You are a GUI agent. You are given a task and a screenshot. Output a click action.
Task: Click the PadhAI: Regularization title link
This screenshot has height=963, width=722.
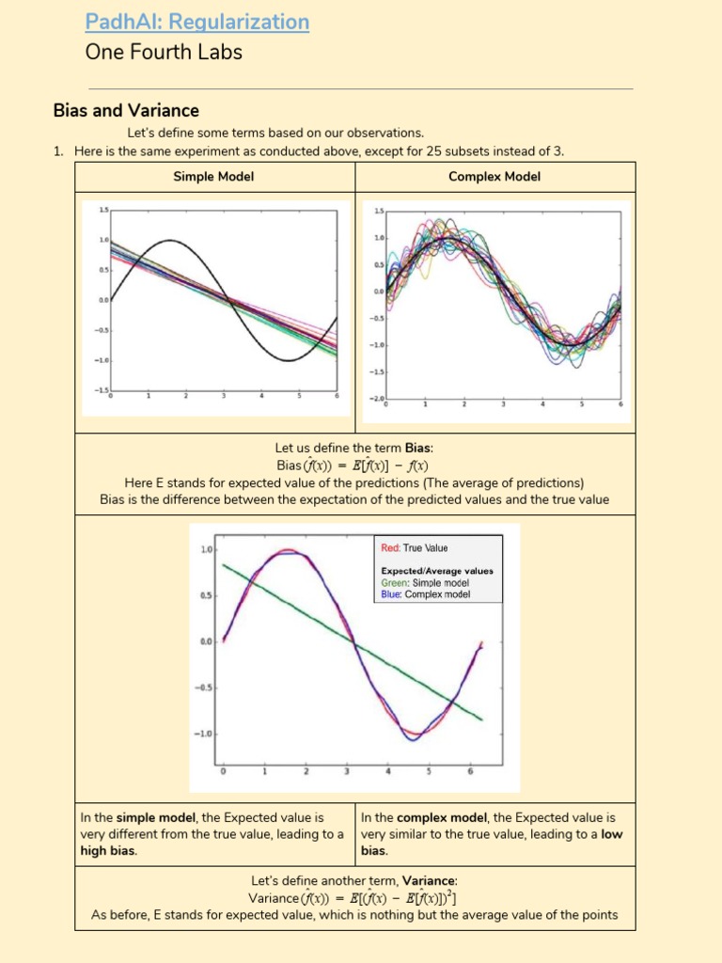click(196, 22)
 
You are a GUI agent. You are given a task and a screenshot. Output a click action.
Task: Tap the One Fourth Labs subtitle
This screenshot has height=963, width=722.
click(164, 53)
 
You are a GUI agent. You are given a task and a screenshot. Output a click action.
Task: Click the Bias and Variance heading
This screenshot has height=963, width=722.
click(126, 111)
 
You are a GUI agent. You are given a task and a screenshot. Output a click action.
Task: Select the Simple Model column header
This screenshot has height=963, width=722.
click(213, 177)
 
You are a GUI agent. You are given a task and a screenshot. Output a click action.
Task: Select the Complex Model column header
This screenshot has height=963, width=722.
click(494, 177)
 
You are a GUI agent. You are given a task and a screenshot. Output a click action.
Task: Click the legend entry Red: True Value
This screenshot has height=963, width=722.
click(415, 548)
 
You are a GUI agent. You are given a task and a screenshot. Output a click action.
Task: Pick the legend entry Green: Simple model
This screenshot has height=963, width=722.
click(425, 583)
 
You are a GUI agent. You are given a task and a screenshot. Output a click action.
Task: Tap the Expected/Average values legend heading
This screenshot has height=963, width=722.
click(437, 571)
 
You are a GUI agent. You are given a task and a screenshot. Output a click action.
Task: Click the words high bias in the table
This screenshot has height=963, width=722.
click(108, 851)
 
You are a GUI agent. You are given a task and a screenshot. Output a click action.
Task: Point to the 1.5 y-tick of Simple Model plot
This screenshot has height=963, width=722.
click(104, 210)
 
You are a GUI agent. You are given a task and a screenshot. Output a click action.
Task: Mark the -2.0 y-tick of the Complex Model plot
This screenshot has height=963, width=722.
click(376, 399)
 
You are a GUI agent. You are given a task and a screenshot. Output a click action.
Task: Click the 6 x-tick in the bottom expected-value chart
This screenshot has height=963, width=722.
click(469, 772)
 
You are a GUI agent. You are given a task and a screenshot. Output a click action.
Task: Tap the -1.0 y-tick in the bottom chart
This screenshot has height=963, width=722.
click(205, 734)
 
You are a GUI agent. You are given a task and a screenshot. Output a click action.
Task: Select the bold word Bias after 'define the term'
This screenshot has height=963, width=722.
click(418, 449)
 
